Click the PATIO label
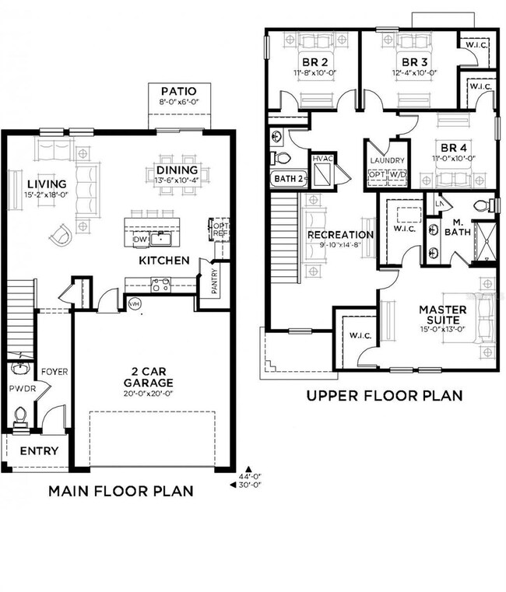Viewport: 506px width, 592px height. pos(178,91)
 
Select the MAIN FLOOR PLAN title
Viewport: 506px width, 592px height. pos(121,491)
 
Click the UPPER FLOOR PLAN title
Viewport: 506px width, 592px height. pos(384,396)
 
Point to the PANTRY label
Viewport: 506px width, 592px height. pos(214,282)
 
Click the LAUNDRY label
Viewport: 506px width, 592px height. pos(387,160)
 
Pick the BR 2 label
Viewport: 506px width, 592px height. pos(311,62)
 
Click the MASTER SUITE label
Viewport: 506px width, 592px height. pos(442,315)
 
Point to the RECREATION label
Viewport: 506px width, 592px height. pos(339,234)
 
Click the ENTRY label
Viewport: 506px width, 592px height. pos(38,451)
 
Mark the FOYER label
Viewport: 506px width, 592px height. pos(53,371)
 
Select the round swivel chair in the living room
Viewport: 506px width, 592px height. pos(65,233)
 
